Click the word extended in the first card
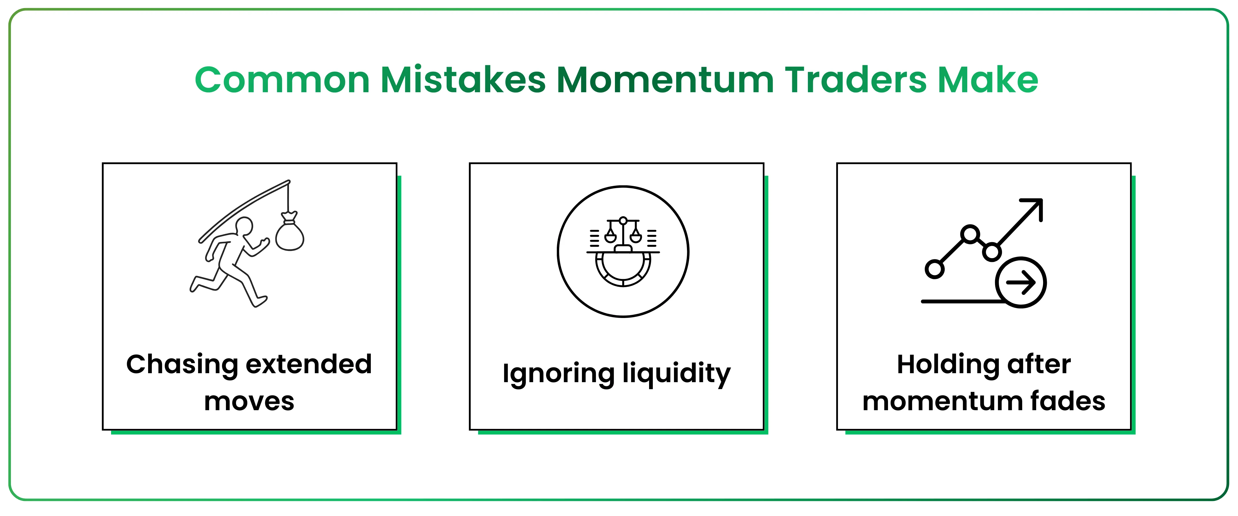click(x=309, y=364)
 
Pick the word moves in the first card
click(x=249, y=402)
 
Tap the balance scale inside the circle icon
click(x=623, y=231)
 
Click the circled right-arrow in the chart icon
click(x=1021, y=282)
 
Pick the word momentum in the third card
click(x=942, y=402)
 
